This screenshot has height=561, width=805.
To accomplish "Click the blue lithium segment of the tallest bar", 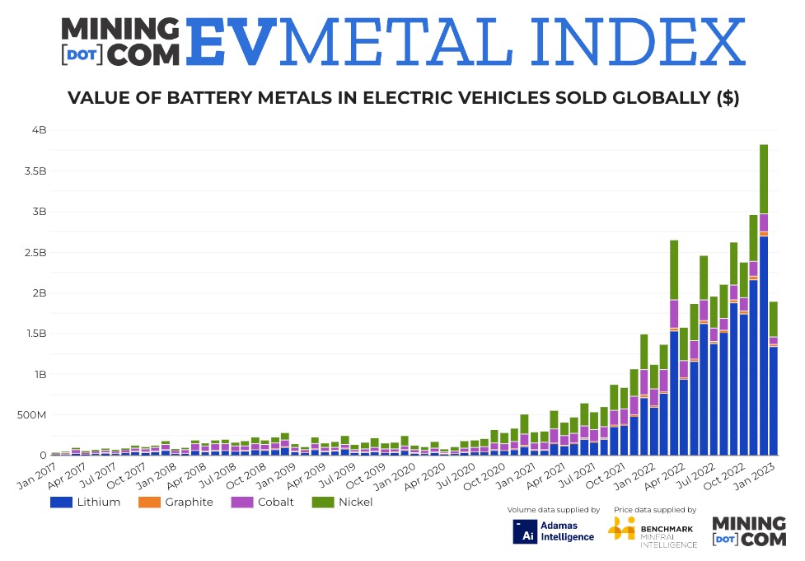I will [x=764, y=346].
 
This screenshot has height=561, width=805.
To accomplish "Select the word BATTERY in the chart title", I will [x=213, y=99].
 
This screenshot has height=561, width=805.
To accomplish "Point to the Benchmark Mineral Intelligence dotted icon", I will [x=621, y=529].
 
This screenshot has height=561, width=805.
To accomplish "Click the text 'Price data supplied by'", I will [x=655, y=510].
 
